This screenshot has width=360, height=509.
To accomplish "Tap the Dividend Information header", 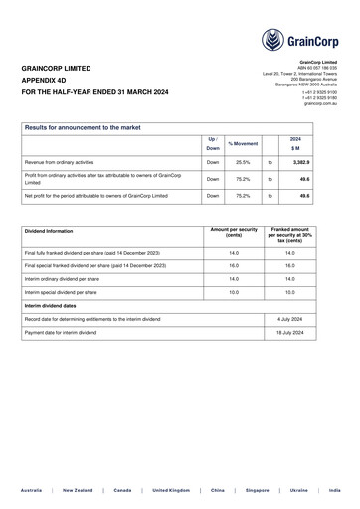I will click(x=49, y=231).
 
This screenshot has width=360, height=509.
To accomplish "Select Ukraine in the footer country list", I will click(x=298, y=491).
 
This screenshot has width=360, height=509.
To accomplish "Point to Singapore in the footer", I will click(x=258, y=491).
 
